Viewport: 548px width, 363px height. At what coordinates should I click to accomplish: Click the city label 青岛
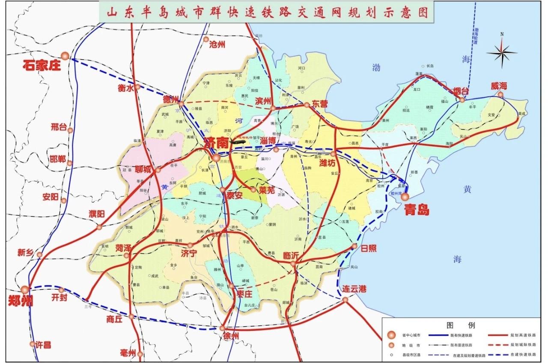point(417,210)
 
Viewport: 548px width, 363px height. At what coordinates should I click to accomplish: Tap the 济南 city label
point(216,142)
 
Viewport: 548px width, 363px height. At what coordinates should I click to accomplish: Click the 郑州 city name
point(20,301)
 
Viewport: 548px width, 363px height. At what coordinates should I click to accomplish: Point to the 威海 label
point(499,86)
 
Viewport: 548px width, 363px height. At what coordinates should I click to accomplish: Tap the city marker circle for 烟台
point(462,100)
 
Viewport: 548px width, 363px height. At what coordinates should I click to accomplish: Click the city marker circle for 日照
point(354,246)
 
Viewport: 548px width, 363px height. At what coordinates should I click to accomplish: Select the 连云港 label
point(354,289)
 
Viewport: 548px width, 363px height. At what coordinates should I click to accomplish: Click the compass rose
point(502,52)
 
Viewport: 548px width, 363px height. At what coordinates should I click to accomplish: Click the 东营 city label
point(319,104)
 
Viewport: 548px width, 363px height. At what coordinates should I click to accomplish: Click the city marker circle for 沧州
point(206,39)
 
